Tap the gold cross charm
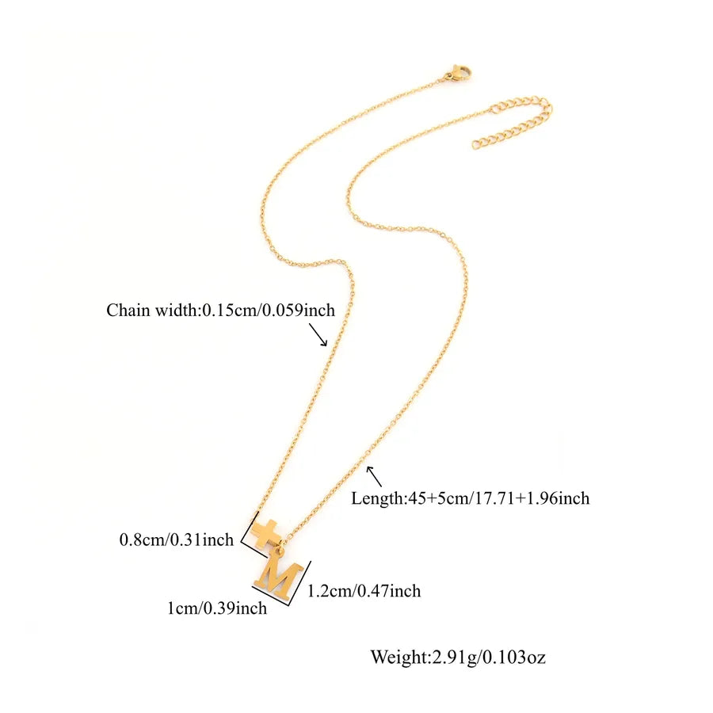click(264, 532)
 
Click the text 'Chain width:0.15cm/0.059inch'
click(220, 310)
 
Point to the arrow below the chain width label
click(318, 334)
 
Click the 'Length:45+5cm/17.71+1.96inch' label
click(470, 498)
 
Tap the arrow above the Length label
click(374, 477)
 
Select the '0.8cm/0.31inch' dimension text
click(177, 540)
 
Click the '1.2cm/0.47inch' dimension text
click(364, 591)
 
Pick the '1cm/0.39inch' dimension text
click(217, 608)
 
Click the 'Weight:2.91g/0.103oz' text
click(458, 658)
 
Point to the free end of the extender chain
click(475, 145)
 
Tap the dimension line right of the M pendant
click(301, 583)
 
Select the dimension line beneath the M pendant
click(271, 596)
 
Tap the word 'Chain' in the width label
click(128, 310)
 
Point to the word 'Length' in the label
click(377, 499)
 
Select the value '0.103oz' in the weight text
click(514, 658)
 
